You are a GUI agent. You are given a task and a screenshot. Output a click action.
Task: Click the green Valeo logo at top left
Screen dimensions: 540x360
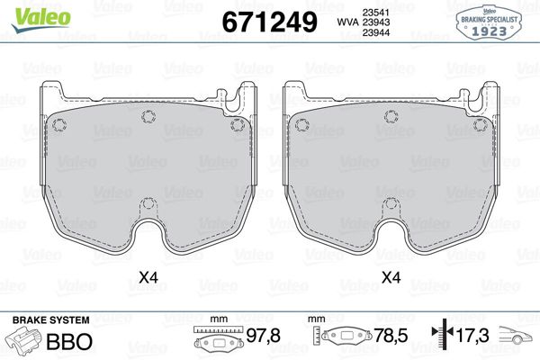[41, 19]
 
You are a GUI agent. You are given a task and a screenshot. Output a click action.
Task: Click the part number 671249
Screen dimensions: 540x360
[270, 22]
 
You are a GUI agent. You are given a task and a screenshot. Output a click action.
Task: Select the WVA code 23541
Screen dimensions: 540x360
[375, 13]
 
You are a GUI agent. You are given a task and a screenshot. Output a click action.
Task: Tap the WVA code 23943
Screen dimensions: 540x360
[375, 22]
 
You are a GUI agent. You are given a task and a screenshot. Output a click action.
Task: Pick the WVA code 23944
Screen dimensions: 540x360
[375, 32]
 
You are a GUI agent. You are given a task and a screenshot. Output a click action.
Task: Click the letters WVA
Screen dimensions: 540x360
[347, 22]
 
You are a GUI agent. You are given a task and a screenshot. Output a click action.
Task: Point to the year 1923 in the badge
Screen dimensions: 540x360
[489, 31]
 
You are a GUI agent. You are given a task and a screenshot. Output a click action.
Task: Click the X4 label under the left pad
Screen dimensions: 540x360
[148, 277]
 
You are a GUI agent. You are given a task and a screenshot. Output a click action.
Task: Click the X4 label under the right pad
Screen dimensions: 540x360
[391, 277]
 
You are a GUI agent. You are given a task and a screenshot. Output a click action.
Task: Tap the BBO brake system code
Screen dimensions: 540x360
[69, 341]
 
